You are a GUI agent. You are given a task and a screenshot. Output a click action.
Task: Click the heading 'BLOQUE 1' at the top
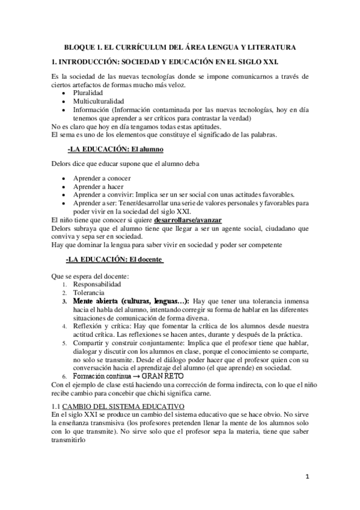coord(85,46)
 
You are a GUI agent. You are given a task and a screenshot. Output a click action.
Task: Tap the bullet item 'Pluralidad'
coord(88,94)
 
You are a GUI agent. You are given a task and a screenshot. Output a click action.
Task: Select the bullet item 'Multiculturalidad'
coord(97,102)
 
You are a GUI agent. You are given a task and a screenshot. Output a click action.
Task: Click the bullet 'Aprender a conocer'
coord(102,179)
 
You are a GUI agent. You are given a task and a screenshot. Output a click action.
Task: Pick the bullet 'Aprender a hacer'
coord(99,186)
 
